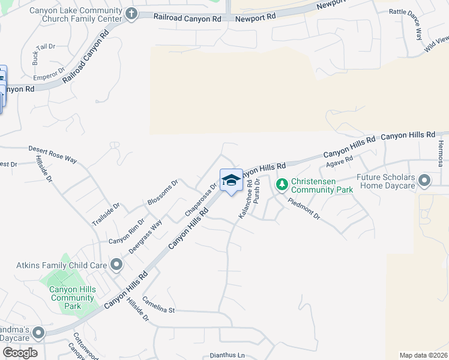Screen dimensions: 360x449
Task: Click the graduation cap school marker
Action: tap(231, 181)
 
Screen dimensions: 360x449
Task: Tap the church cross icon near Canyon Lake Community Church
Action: tap(131, 13)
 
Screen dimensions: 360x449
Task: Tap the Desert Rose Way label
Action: tap(53, 154)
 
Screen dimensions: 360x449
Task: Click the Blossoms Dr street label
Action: tap(163, 191)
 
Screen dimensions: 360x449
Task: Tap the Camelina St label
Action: tap(158, 306)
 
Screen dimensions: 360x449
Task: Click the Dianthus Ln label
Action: tap(228, 355)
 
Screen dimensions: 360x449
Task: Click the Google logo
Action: tap(19, 352)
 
